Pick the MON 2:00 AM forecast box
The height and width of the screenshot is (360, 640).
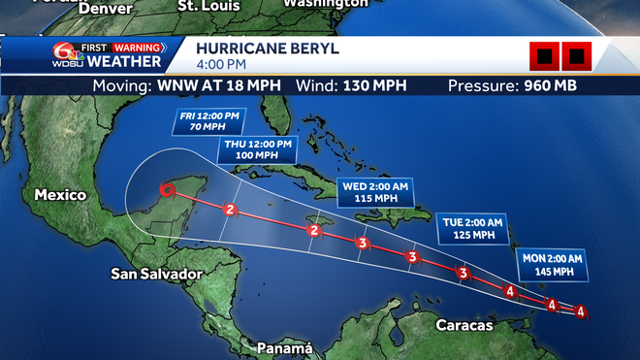(x=553, y=264)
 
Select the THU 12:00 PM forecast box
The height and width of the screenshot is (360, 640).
(x=257, y=148)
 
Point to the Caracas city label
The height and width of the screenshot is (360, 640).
(x=465, y=326)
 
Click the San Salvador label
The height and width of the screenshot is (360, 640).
(x=156, y=274)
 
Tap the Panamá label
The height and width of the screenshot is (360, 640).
(x=285, y=347)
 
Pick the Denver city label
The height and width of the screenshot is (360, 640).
(x=106, y=8)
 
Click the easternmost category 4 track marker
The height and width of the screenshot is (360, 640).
(x=580, y=311)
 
